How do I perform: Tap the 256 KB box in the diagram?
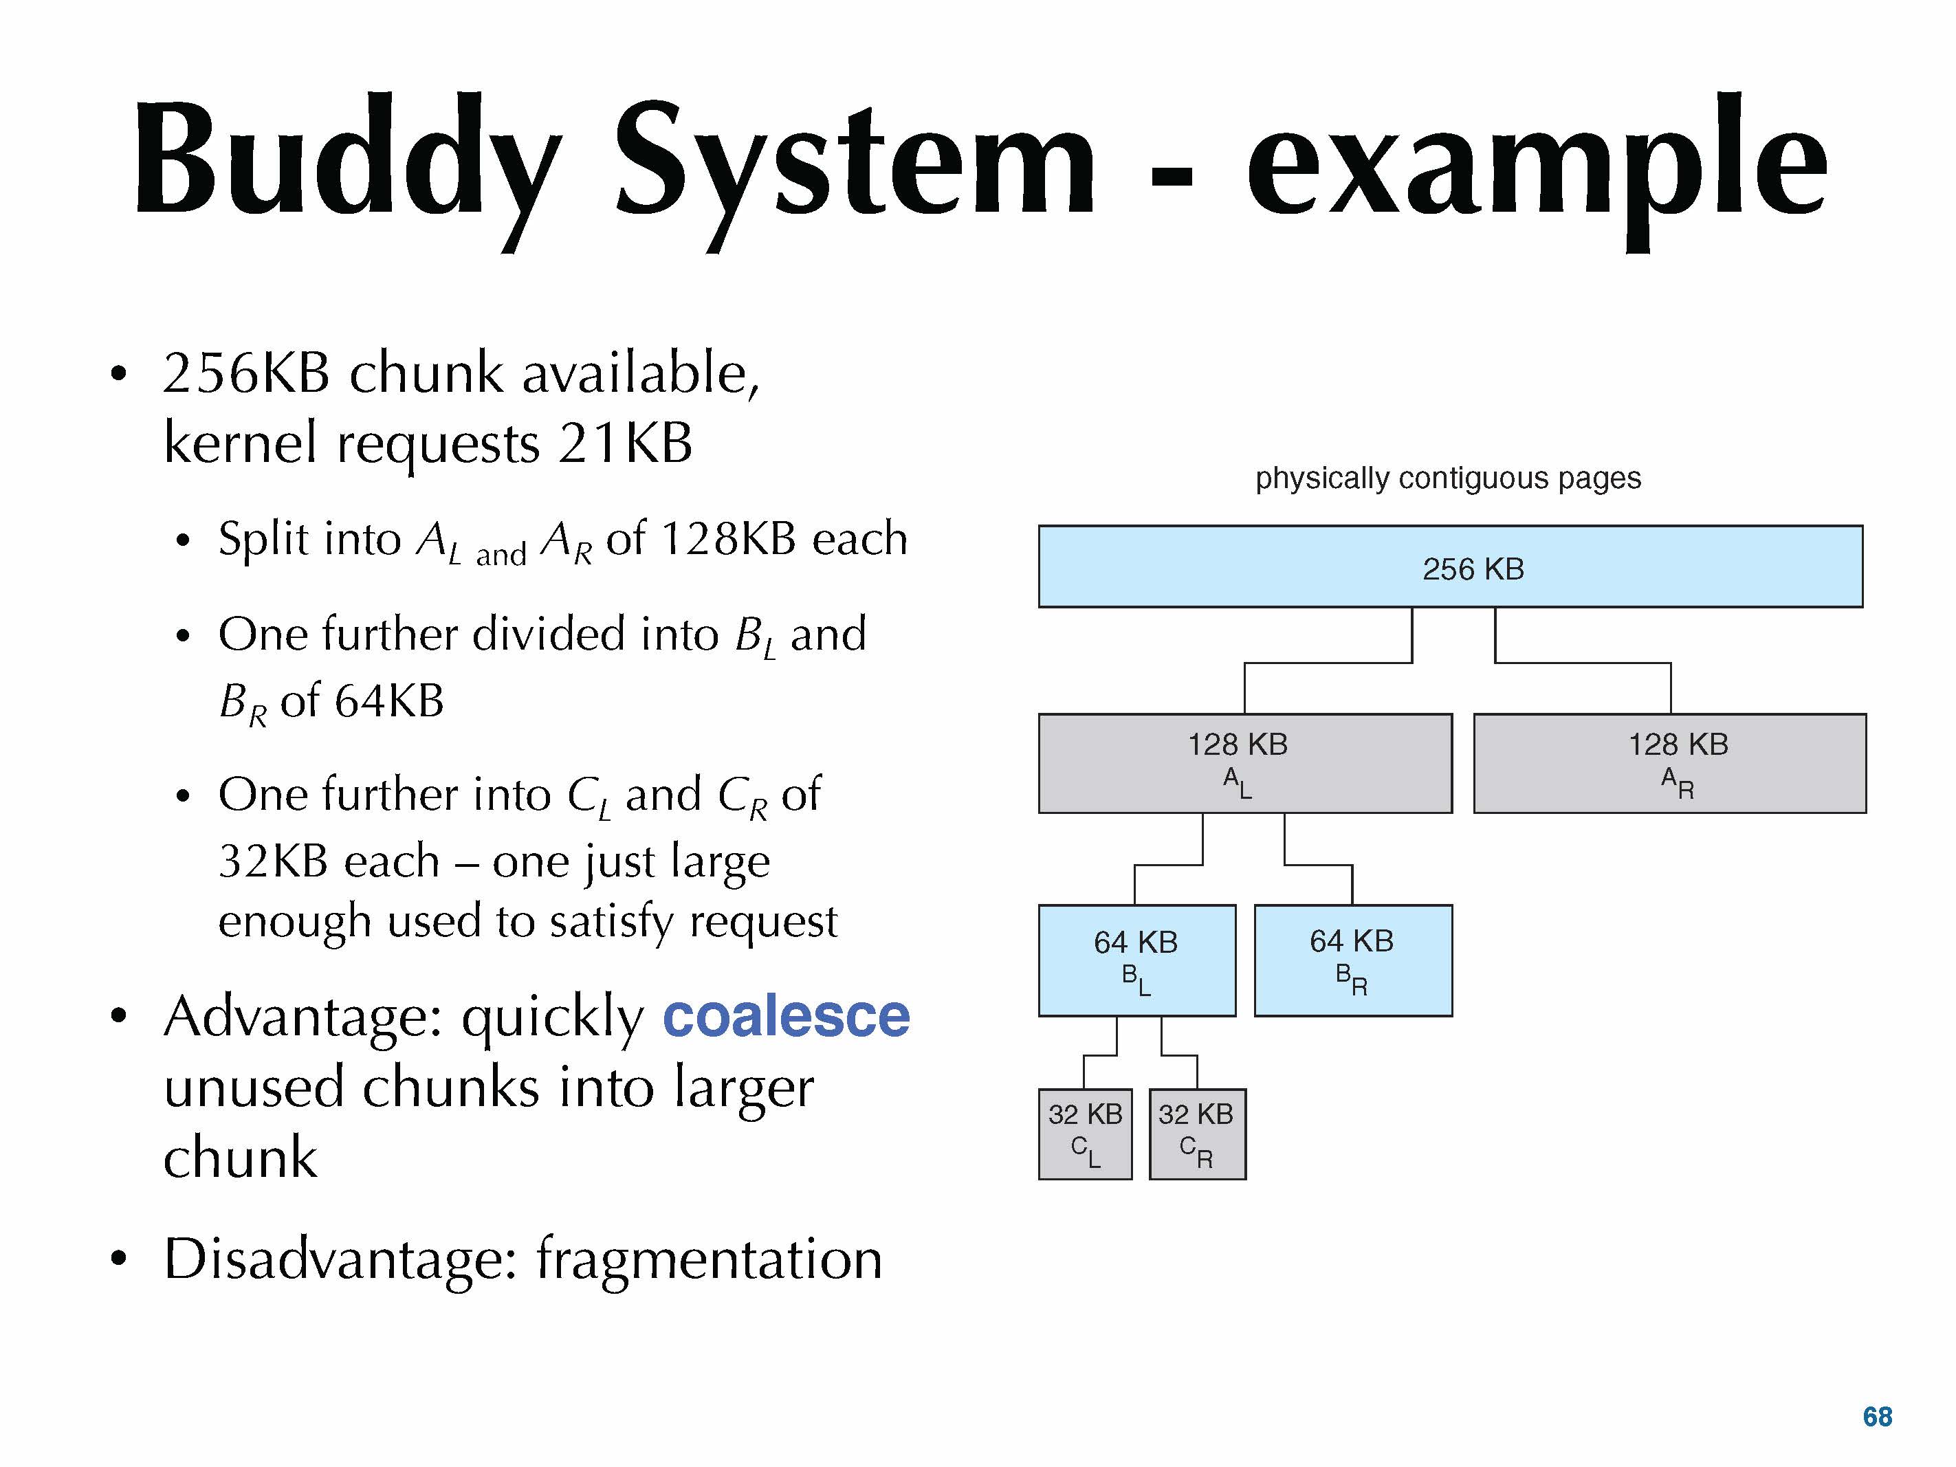(1450, 566)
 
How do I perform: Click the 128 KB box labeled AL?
(1245, 763)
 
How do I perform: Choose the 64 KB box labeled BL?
(1137, 960)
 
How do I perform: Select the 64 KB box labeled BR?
(1353, 960)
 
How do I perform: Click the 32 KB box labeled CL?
(1085, 1134)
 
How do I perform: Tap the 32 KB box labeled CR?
(1197, 1134)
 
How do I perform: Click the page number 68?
(1878, 1417)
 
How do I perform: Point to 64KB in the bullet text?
(388, 701)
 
